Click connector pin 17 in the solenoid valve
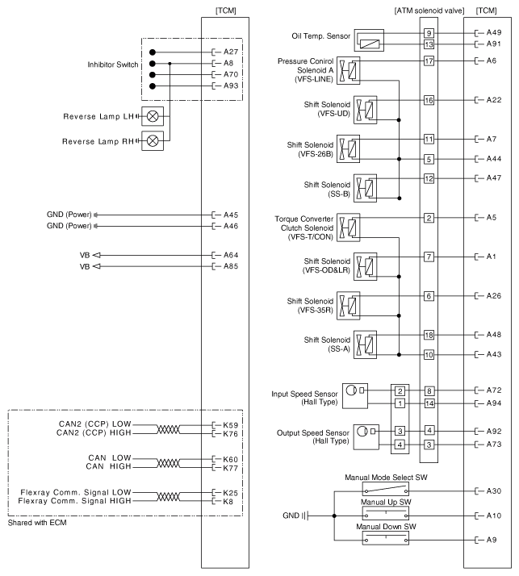point(429,61)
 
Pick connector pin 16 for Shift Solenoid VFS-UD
point(429,100)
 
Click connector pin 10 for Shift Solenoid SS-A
point(429,354)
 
